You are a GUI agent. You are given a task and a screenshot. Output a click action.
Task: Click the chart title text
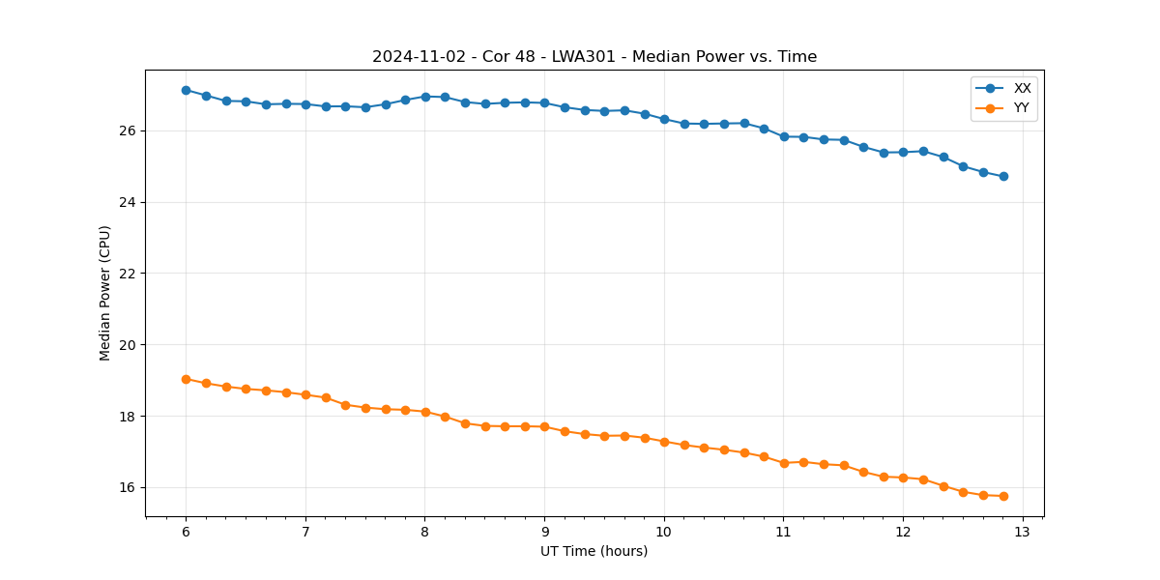pyautogui.click(x=594, y=57)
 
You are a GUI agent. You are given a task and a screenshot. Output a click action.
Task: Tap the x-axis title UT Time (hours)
pyautogui.click(x=594, y=551)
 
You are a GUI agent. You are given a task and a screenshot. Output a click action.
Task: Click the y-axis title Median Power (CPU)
pyautogui.click(x=105, y=293)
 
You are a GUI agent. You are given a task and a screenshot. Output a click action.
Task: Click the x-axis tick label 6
pyautogui.click(x=186, y=532)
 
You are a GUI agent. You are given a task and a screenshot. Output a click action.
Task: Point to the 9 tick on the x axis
pyautogui.click(x=544, y=532)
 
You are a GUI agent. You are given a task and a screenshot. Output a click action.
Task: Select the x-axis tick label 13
pyautogui.click(x=1023, y=532)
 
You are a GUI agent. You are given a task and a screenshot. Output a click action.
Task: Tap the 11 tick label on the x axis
pyautogui.click(x=783, y=532)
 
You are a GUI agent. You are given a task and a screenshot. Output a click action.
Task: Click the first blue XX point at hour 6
pyautogui.click(x=186, y=90)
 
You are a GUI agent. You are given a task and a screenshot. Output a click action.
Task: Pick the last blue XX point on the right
pyautogui.click(x=1003, y=176)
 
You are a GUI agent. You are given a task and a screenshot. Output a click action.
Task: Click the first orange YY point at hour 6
pyautogui.click(x=186, y=379)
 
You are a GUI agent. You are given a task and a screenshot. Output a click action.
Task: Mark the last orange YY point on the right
pyautogui.click(x=1003, y=496)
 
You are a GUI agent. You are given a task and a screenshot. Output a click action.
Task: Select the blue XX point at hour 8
pyautogui.click(x=425, y=97)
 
